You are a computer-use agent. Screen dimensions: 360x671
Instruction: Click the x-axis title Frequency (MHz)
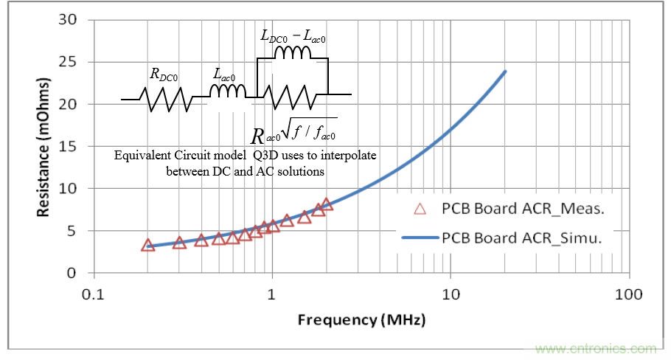coord(361,321)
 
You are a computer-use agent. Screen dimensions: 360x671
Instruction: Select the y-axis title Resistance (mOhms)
coord(44,148)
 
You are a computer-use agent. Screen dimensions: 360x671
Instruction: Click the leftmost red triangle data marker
coord(147,245)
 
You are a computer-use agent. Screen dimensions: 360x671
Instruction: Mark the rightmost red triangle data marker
coord(326,204)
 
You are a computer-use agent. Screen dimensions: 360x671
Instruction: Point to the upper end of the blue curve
coord(505,72)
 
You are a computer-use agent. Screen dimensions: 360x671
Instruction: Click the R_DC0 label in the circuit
coord(164,74)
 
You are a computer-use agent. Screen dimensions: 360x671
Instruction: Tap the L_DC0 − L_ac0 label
coord(293,34)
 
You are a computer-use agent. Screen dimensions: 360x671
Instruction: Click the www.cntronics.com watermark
coord(597,348)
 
